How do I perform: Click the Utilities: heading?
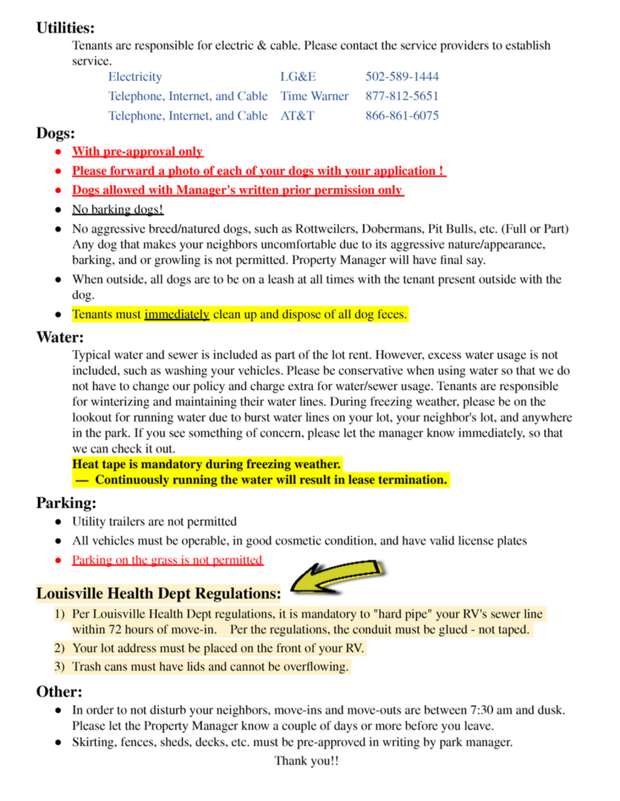(x=65, y=28)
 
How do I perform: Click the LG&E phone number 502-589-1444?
(x=402, y=77)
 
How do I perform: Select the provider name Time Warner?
(x=314, y=97)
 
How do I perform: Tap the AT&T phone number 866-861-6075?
(x=402, y=116)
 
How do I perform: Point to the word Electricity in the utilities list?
(x=135, y=77)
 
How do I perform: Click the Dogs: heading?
(x=56, y=134)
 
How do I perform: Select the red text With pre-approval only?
(x=137, y=152)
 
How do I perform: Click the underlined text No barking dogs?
(x=118, y=210)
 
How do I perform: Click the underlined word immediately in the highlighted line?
(x=177, y=315)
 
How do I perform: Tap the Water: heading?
(x=60, y=338)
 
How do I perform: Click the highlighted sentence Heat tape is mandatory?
(x=207, y=465)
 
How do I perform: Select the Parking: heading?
(x=66, y=503)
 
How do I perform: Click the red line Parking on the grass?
(x=167, y=561)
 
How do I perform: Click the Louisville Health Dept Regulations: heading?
(x=159, y=594)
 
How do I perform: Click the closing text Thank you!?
(x=307, y=761)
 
